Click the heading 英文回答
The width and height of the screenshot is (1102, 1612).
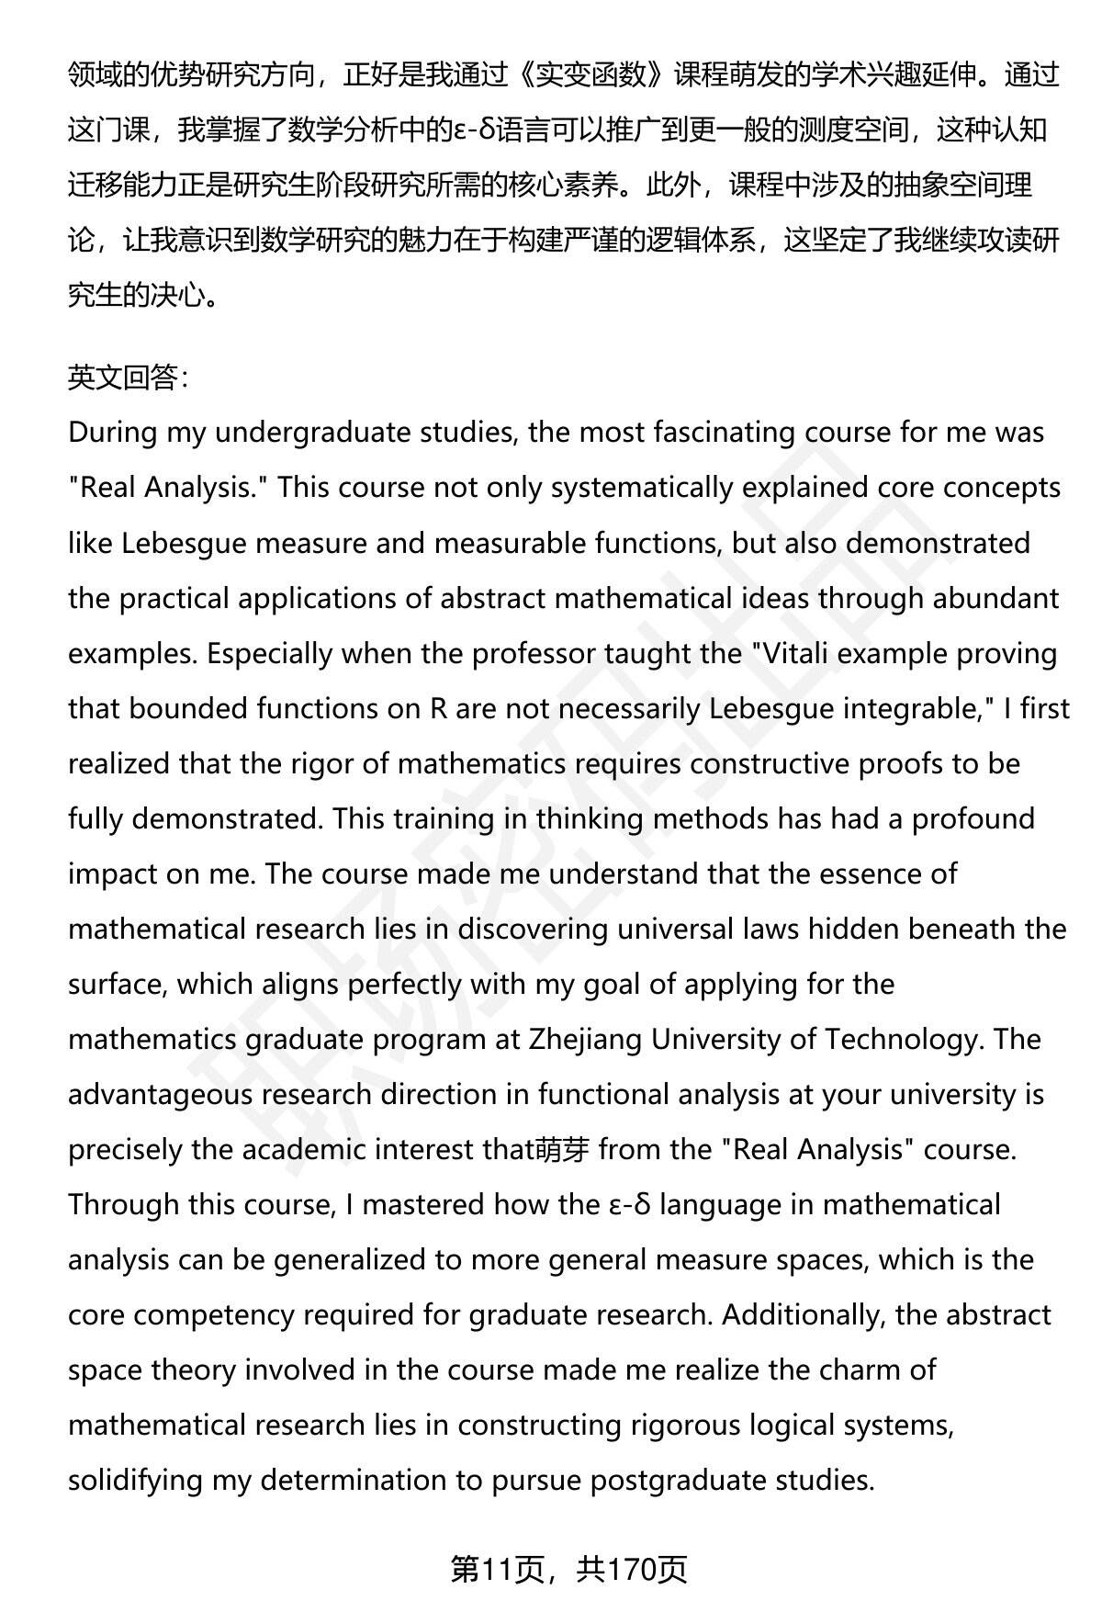[127, 378]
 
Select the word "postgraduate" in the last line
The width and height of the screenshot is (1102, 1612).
[678, 1480]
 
